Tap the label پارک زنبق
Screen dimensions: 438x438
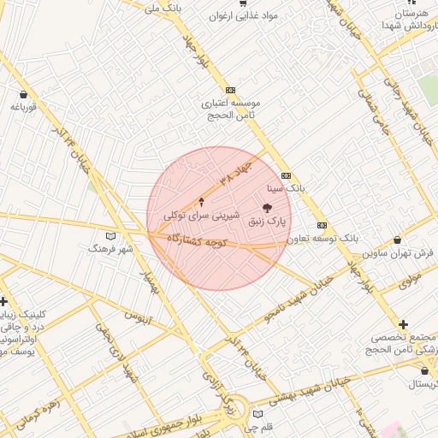(267, 222)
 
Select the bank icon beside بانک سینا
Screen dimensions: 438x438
(286, 175)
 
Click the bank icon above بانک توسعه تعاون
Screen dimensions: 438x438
(322, 225)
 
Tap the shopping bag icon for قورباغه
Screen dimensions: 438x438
(22, 95)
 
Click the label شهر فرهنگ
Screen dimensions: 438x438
(109, 247)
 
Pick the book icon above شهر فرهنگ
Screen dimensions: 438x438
(109, 235)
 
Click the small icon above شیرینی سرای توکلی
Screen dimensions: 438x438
(202, 202)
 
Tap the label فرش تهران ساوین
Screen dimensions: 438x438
(398, 253)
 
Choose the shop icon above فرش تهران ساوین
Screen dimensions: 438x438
(398, 240)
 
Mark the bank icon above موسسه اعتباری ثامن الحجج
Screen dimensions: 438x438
(230, 90)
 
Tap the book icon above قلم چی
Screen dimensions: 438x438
(257, 414)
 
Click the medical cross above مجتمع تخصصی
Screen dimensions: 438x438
(403, 324)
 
